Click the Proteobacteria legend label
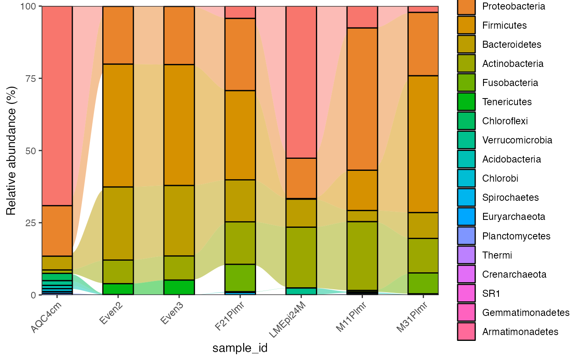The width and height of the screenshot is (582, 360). [513, 6]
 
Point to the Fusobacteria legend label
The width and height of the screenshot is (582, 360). [510, 83]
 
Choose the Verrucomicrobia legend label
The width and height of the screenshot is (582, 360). [517, 140]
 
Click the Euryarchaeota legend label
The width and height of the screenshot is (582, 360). [513, 217]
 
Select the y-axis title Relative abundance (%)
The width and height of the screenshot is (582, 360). [11, 150]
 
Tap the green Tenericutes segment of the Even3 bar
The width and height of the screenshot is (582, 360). [179, 287]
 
